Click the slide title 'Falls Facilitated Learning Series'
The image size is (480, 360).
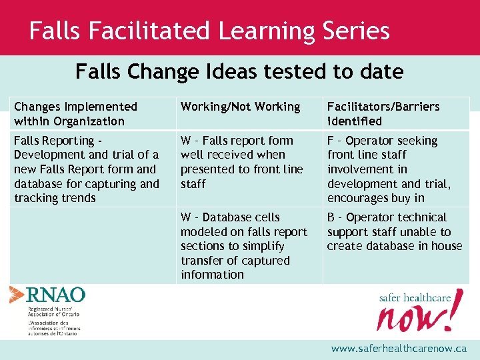[209, 31]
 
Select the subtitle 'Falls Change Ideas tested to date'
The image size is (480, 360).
[239, 71]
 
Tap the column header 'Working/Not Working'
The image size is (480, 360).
[240, 107]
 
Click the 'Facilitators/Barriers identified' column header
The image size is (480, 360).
[383, 114]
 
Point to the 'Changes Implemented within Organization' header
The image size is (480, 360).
[75, 114]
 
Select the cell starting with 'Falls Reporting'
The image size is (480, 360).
[87, 169]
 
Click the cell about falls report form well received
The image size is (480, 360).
[241, 162]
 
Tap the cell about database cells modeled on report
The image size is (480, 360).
[243, 246]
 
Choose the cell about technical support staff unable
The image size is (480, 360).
[394, 231]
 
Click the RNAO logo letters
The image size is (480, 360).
[56, 295]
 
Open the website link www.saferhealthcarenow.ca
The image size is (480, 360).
[399, 349]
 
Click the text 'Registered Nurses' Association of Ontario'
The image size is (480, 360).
[53, 311]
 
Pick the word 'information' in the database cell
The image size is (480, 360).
[212, 275]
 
